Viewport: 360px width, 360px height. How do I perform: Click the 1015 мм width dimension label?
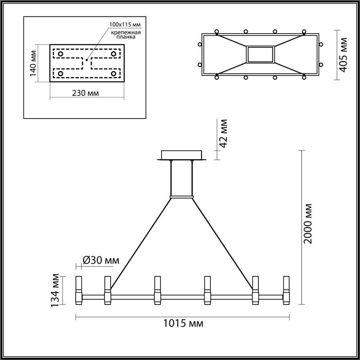pos(183,324)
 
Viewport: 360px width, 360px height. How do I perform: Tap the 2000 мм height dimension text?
pos(307,224)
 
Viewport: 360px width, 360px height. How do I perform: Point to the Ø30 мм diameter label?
pos(101,260)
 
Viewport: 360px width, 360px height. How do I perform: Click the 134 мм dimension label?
pos(55,291)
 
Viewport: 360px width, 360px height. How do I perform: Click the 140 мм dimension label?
pos(33,63)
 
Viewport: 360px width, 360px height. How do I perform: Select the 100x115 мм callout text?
pos(125,24)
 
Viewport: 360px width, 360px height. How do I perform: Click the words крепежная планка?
pos(126,34)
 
